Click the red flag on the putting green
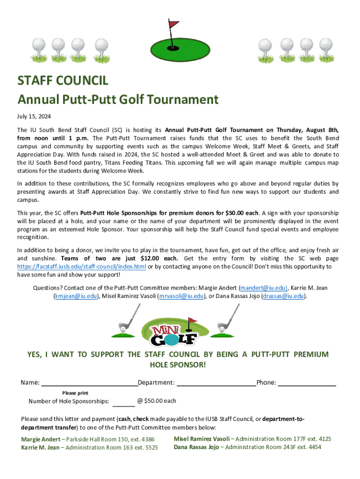tap(174, 23)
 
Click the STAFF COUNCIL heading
tap(63, 80)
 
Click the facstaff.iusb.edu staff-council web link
tap(81, 267)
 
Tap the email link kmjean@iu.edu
tap(75, 296)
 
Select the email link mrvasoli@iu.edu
tap(180, 296)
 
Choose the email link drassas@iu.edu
tap(284, 296)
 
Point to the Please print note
tap(75, 393)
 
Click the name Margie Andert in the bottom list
tap(41, 439)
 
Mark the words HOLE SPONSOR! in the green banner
tap(177, 364)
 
